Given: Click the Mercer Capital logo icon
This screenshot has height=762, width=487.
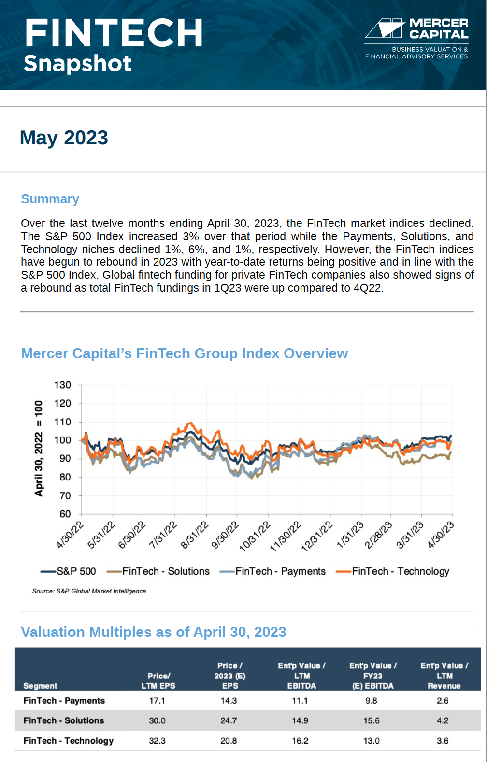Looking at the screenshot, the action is click(385, 28).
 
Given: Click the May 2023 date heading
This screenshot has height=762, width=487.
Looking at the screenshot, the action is click(64, 138).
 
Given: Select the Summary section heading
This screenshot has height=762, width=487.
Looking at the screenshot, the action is click(50, 198).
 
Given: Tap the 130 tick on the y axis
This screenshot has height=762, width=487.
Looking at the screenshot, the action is click(63, 385).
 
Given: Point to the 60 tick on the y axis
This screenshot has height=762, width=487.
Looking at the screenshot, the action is click(65, 514).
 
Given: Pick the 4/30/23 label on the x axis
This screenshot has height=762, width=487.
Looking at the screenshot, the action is click(441, 535).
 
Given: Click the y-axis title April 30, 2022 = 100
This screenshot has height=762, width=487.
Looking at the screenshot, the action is click(39, 448).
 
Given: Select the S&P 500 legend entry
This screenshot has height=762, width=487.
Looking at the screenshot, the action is click(68, 571).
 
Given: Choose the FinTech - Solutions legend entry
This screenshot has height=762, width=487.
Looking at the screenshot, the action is click(158, 571).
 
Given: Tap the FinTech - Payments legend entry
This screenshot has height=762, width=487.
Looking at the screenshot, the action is click(272, 571).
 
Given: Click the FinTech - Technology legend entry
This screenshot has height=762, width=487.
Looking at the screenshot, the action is click(392, 571).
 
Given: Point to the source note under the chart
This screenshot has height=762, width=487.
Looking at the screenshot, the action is click(89, 591).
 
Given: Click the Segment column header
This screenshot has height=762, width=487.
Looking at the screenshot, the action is click(40, 686).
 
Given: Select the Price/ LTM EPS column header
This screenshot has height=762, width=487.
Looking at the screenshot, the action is click(158, 681).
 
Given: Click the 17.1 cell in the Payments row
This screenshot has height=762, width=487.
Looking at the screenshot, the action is click(157, 701).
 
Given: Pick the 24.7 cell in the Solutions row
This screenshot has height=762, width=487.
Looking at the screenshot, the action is click(229, 721).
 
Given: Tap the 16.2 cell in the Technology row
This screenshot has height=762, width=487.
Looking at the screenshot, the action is click(300, 741).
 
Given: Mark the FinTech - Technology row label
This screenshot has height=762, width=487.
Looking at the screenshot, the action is click(69, 741).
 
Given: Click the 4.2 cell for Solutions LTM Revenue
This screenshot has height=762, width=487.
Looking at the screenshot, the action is click(443, 721).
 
